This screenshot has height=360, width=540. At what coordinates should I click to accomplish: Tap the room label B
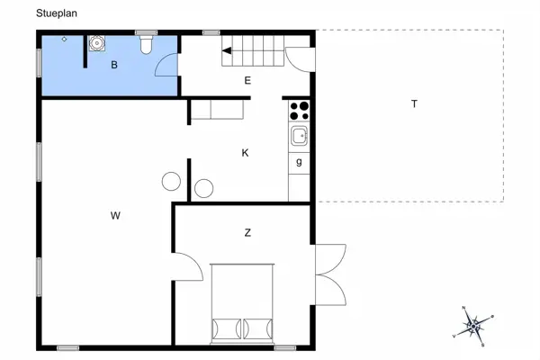coord(114,65)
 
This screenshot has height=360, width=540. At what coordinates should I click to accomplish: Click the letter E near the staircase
coord(247,81)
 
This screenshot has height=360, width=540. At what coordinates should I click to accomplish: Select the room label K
coord(245,153)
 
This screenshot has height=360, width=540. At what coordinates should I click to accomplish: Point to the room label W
coord(115,215)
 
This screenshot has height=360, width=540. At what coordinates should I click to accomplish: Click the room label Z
coord(247,233)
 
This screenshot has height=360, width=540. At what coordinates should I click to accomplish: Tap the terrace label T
coord(415,103)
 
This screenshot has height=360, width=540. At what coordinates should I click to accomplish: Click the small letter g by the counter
coord(299,161)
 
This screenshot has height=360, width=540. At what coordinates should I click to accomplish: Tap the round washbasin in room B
coord(96,42)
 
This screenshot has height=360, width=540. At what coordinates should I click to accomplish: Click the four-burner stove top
coord(300,112)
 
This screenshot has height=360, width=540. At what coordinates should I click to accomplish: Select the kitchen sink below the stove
coord(300,137)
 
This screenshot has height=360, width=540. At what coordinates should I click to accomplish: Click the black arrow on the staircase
coord(227,51)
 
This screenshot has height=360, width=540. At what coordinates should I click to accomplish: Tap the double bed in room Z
coord(241,303)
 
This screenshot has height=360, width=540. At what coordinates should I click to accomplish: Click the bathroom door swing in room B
coord(167,63)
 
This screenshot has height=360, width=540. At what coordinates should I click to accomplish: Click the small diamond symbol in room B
coord(64,40)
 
